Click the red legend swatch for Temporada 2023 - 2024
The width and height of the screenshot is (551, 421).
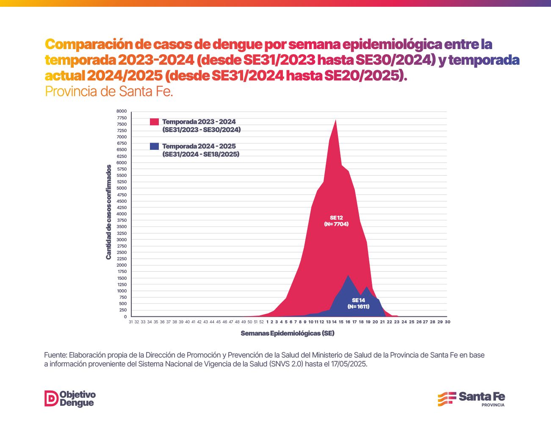coord(155,122)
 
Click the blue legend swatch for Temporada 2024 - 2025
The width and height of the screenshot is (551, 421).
coord(155,146)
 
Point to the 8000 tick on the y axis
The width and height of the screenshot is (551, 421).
coord(122,111)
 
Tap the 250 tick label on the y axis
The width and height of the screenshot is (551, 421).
coord(122,310)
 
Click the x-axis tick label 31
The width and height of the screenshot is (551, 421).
coord(131,322)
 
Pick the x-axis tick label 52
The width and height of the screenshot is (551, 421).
coord(261,322)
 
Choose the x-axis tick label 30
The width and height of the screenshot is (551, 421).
coord(447,322)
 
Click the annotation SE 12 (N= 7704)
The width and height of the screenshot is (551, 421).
coord(336,221)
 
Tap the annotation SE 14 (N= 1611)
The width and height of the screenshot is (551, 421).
coord(358,303)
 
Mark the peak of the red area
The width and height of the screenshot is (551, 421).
coord(335,120)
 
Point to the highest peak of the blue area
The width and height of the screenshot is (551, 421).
coord(348,275)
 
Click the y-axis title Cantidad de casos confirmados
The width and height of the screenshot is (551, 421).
coord(109,212)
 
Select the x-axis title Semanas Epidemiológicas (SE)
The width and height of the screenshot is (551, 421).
coord(288,333)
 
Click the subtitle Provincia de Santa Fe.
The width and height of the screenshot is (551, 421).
coord(109,91)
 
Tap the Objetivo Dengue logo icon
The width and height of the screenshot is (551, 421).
coord(51,399)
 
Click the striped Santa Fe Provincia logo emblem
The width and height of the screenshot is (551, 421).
coord(446,399)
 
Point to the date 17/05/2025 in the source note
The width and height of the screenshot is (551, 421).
coord(349,364)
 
